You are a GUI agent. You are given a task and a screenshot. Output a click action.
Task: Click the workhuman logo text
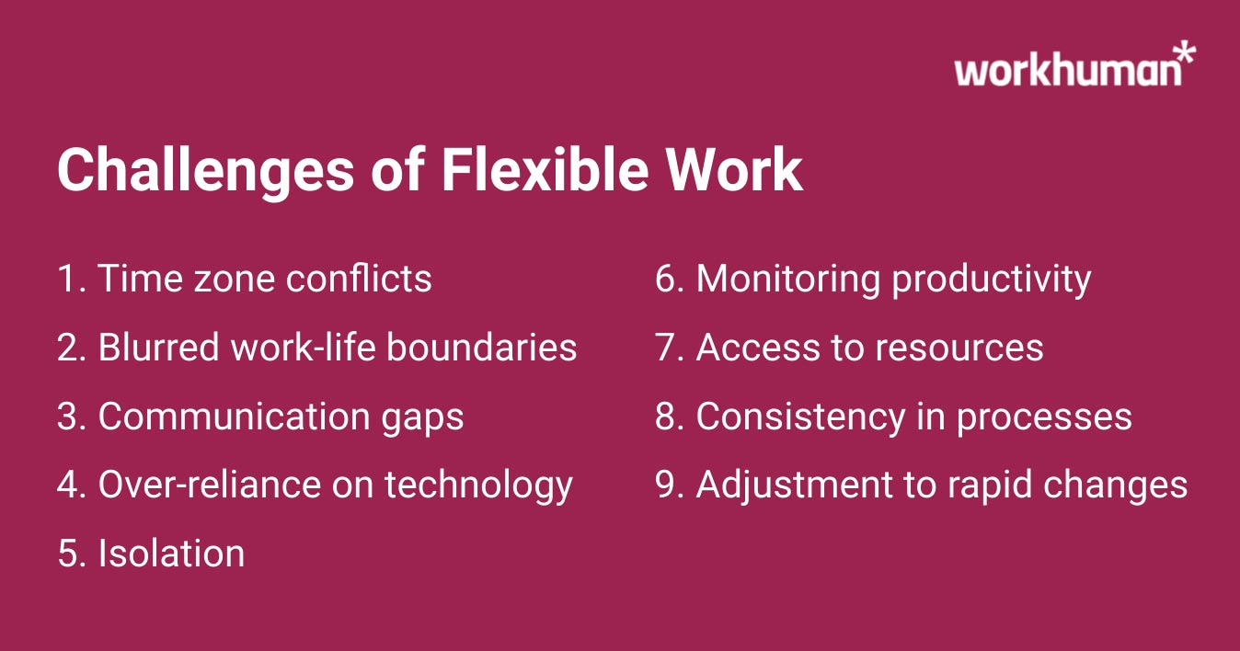(1067, 70)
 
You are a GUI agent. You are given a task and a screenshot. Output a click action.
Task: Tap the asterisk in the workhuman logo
(1186, 52)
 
